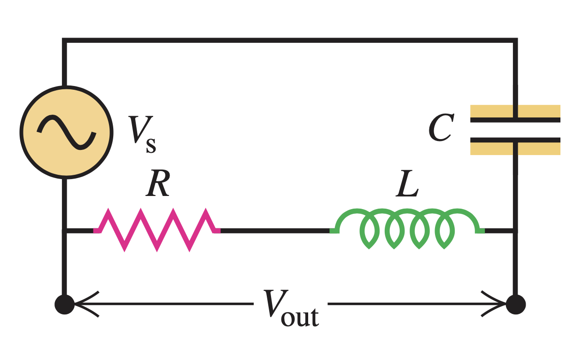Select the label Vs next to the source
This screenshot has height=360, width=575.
click(x=142, y=134)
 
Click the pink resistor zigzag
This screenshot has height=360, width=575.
click(x=157, y=230)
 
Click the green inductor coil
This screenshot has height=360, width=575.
click(x=407, y=228)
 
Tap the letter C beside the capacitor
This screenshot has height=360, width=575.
click(x=441, y=128)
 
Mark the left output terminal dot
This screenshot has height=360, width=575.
click(x=64, y=305)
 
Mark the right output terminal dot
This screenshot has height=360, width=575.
click(x=516, y=305)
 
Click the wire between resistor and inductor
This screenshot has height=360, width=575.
click(x=275, y=230)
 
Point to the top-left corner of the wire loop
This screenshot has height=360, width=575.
click(x=65, y=41)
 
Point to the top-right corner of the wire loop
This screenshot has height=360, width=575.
click(x=515, y=41)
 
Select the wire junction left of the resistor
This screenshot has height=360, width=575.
click(x=65, y=230)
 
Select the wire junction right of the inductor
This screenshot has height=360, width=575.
click(x=515, y=230)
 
